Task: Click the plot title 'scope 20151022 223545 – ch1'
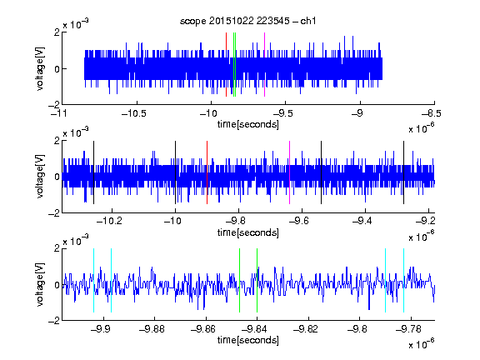pos(248,21)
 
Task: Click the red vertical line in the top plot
pos(226,65)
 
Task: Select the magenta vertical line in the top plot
pos(264,65)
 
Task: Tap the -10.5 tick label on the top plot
pos(134,113)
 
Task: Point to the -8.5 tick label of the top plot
pos(432,113)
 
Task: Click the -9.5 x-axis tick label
pos(283,113)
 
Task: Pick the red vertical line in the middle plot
pos(207,172)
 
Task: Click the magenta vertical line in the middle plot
pos(290,172)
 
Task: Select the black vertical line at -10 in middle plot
pos(175,172)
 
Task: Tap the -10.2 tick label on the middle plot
pos(109,220)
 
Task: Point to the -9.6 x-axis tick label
pos(299,220)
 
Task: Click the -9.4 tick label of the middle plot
pos(362,220)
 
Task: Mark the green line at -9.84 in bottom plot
pos(257,280)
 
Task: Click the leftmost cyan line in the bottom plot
pos(93,280)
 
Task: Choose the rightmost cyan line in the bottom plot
pos(403,280)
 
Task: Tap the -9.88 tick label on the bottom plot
pos(152,329)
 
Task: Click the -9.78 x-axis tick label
pos(408,329)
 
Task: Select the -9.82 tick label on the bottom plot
pos(306,329)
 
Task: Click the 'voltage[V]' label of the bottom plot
pos(40,284)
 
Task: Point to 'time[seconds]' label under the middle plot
pos(248,232)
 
